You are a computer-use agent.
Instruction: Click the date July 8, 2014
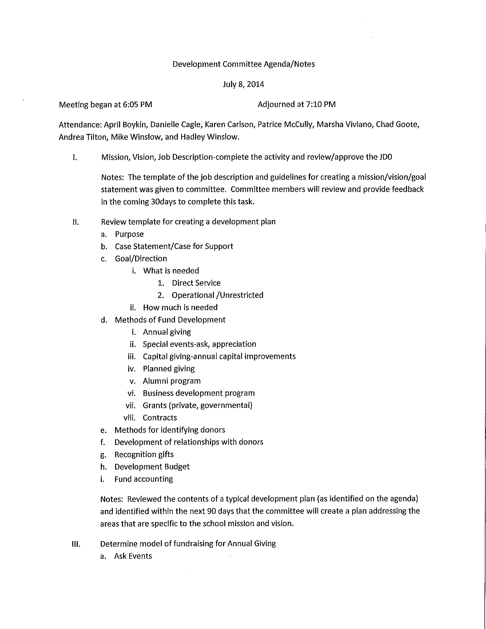click(243, 84)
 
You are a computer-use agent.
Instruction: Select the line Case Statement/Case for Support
click(174, 246)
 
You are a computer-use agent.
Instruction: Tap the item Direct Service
click(196, 283)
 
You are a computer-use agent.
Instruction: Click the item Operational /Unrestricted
click(217, 295)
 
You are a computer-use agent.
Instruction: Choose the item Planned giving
click(169, 369)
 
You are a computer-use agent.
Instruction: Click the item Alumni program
click(172, 381)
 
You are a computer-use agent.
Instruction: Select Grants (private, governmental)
click(197, 405)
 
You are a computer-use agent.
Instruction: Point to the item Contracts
click(160, 418)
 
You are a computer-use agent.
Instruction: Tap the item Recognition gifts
click(144, 454)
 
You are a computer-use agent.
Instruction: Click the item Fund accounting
click(144, 479)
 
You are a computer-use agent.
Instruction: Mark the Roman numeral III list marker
click(76, 544)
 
